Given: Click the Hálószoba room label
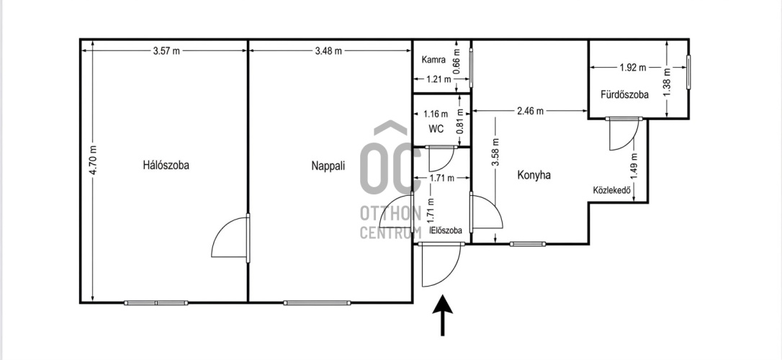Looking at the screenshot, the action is coord(166,166).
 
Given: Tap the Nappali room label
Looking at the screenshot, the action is coord(328,166).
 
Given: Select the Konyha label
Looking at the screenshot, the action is coord(534,175).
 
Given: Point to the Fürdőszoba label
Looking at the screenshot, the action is coord(625,94).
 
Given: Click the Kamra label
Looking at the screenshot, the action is coord(433,60).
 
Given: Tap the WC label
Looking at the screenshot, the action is coord(436,129).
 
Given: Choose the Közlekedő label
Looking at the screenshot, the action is coord(613,190).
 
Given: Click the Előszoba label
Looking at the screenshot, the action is coord(446,230).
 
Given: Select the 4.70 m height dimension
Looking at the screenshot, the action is coord(94,160).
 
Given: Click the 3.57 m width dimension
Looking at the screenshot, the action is coord(166,51).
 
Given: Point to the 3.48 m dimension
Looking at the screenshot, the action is coord(328,51).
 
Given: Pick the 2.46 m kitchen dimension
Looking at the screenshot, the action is coord(530,111).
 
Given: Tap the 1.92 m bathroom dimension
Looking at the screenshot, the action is coord(633,68).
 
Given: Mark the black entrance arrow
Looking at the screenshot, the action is coord(442,315).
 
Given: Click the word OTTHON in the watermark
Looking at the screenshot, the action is coord(390,213).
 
